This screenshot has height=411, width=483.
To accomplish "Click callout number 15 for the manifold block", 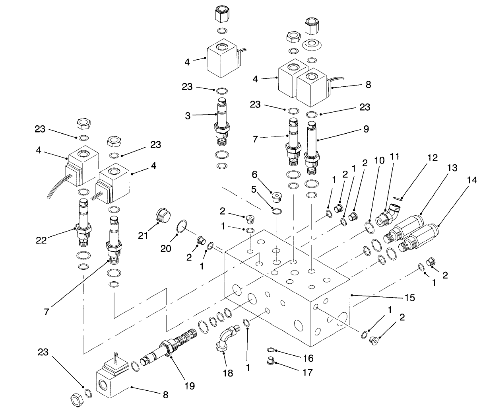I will click(409, 297).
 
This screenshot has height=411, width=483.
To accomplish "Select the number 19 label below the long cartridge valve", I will click(190, 385).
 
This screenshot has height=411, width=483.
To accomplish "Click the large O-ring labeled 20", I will click(181, 226).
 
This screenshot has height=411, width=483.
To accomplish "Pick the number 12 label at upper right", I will click(432, 158).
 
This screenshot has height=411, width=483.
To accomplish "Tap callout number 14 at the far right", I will click(472, 179).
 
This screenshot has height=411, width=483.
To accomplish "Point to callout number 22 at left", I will click(41, 240).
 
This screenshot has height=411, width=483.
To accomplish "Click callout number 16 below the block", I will click(308, 358).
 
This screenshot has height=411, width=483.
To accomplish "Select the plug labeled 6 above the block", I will click(274, 196).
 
